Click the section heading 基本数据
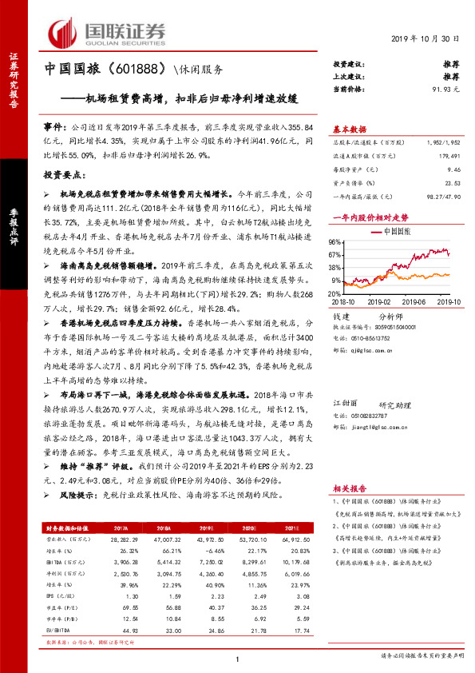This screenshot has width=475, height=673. pos(349,128)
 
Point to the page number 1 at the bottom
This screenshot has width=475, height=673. pos(237,659)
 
